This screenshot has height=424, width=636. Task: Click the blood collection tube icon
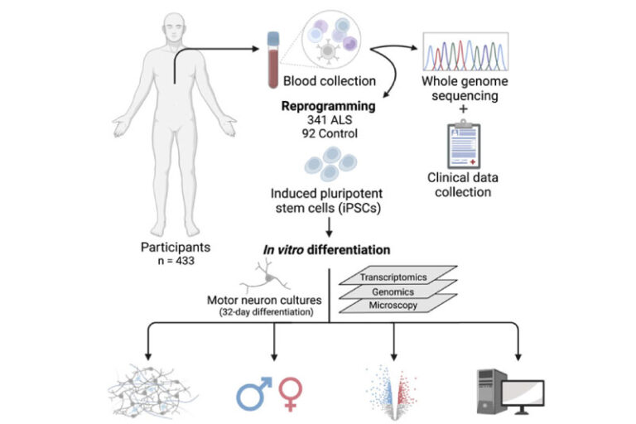(x=271, y=59)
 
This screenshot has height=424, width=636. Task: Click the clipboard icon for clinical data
(x=461, y=146)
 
